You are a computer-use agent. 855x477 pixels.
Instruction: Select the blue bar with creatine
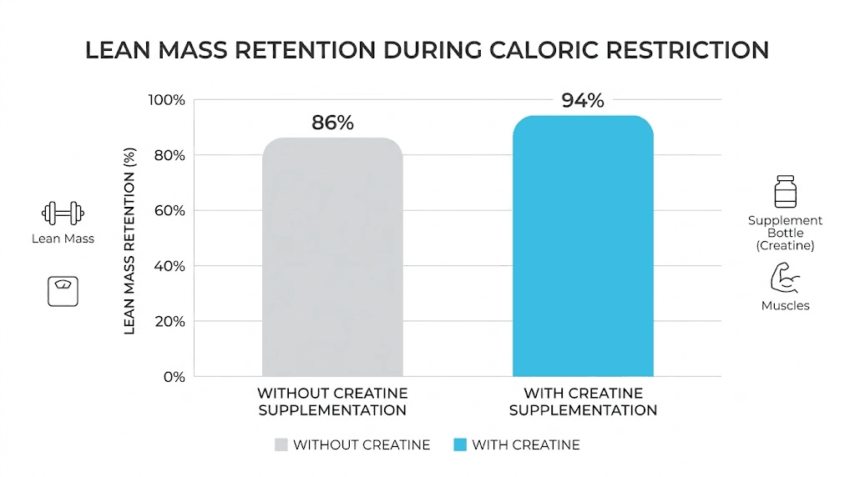tap(583, 246)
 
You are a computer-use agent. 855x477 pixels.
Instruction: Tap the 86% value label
tap(332, 123)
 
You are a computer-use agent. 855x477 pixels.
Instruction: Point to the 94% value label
tap(583, 101)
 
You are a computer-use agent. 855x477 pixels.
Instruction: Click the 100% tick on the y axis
tap(167, 100)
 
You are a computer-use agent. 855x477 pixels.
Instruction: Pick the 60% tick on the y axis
tap(169, 211)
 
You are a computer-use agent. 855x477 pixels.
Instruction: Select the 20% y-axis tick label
tap(169, 321)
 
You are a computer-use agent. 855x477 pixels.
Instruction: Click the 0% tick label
tap(174, 377)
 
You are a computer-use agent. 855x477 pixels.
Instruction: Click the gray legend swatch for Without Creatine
tap(279, 444)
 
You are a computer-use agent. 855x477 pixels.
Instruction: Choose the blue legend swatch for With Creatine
tap(458, 444)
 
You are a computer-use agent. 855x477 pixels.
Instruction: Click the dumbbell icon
tap(63, 213)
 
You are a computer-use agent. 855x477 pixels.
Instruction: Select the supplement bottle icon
tap(785, 191)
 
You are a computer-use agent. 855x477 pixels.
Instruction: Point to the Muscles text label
tap(785, 306)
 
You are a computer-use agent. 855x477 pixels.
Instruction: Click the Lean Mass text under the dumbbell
tap(63, 238)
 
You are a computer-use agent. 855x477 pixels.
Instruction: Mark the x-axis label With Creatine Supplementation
tap(583, 401)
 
